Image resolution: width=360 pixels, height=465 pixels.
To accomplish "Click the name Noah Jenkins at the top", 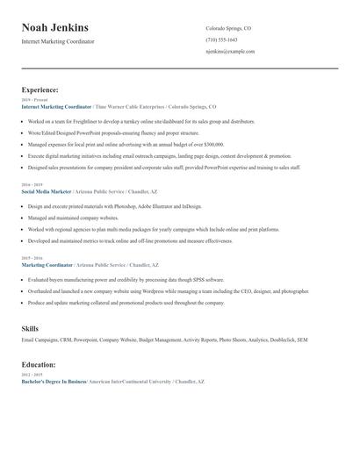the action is point(54,28).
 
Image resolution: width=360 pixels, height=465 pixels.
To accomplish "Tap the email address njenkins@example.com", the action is point(230,52).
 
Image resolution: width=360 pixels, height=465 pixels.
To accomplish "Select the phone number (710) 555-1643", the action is point(221,39).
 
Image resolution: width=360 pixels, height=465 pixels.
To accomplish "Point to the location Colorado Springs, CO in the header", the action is point(228,28).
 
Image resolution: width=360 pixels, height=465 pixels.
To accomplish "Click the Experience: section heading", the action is point(40,89).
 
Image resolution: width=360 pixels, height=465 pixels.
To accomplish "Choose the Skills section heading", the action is point(30,328).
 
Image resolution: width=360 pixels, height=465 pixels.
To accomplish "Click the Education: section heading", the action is point(39,363).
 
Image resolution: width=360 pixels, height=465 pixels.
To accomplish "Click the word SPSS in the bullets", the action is point(176,280).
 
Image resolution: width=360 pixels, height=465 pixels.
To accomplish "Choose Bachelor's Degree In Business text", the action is point(54,383).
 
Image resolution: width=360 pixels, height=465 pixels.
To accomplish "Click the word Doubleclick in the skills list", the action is point(281,339).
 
